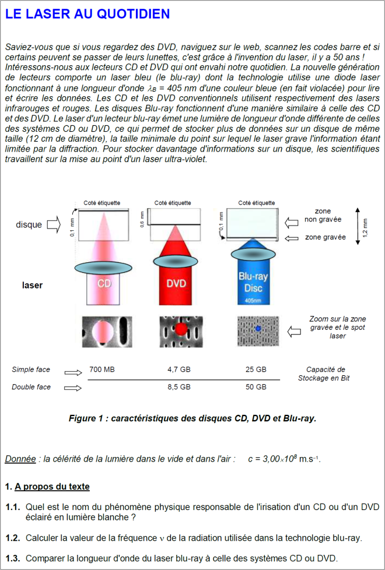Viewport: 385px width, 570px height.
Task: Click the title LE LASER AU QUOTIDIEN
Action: pyautogui.click(x=87, y=14)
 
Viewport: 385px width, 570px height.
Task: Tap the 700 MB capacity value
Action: pyautogui.click(x=102, y=370)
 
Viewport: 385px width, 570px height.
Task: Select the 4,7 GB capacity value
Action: pyautogui.click(x=178, y=370)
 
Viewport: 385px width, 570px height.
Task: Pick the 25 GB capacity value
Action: pyautogui.click(x=256, y=370)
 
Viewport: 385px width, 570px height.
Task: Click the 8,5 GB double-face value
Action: pyautogui.click(x=178, y=386)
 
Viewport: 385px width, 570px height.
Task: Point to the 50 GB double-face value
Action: pyautogui.click(x=256, y=386)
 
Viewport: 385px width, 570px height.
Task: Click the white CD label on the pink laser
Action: pyautogui.click(x=104, y=284)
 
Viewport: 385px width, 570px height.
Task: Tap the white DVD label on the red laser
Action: pyautogui.click(x=176, y=284)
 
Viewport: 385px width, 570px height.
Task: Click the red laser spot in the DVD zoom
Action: pyautogui.click(x=181, y=330)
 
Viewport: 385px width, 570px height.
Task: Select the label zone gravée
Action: pyautogui.click(x=325, y=237)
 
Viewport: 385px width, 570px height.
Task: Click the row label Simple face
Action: pyautogui.click(x=31, y=370)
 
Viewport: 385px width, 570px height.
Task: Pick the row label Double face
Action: pyautogui.click(x=31, y=387)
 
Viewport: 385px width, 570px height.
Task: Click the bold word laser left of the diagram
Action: pyautogui.click(x=32, y=286)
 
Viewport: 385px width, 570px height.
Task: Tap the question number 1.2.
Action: pyautogui.click(x=13, y=538)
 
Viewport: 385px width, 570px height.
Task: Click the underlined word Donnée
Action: pyautogui.click(x=20, y=459)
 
